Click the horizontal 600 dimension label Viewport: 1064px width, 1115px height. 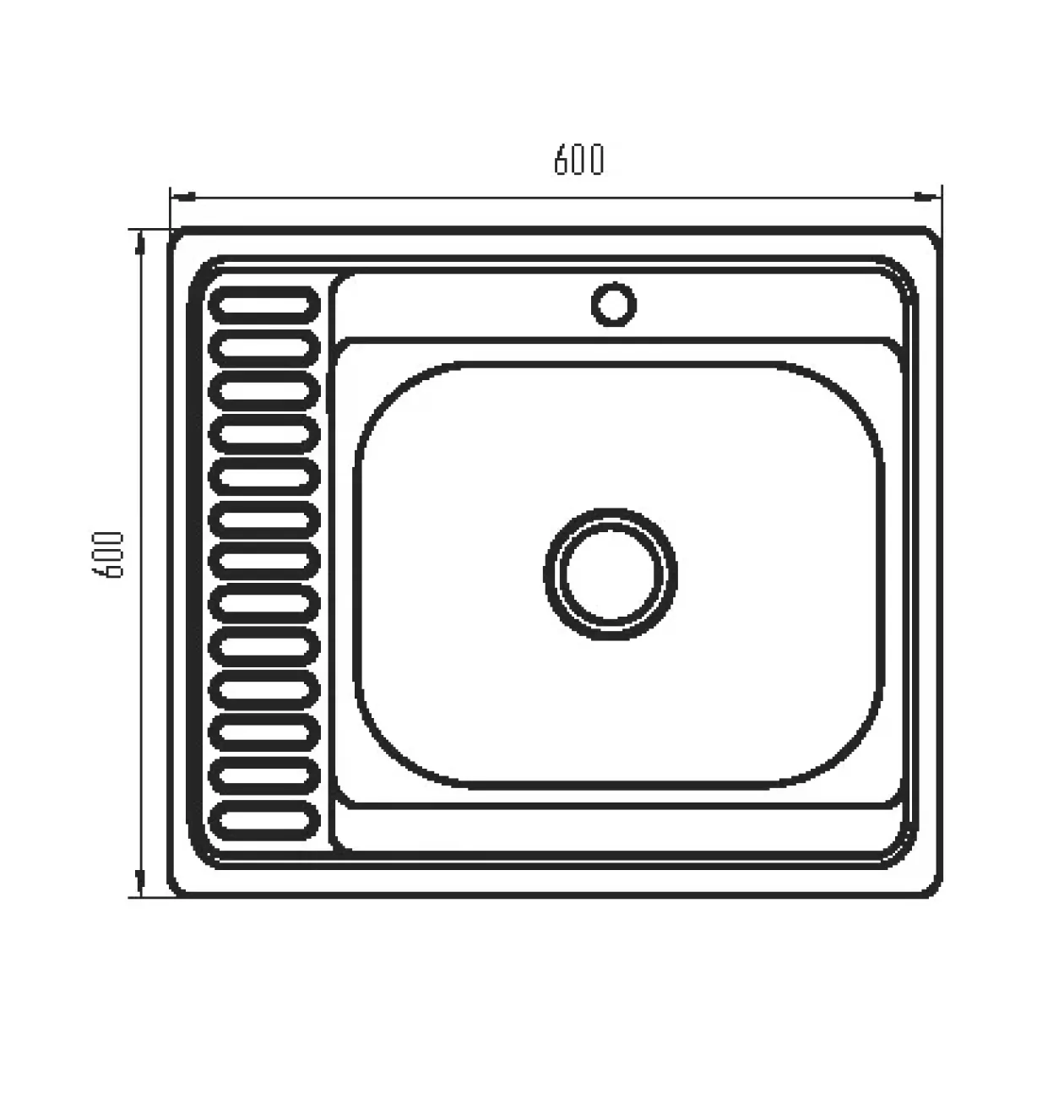(578, 160)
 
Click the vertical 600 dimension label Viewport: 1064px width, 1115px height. (107, 555)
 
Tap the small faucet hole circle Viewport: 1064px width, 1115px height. (613, 305)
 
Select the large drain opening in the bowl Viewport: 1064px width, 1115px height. (611, 574)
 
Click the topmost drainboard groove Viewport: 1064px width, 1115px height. (264, 305)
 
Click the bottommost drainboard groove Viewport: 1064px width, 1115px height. (264, 820)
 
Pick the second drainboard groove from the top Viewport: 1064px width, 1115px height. (264, 348)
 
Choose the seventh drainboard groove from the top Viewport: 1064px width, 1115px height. (264, 562)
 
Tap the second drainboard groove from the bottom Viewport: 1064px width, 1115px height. (264, 776)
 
